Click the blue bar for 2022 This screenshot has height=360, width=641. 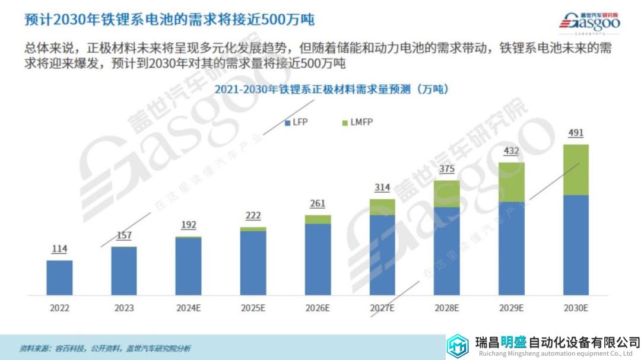click(59, 278)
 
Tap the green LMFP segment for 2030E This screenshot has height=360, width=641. click(576, 170)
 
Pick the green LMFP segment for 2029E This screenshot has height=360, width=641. click(511, 182)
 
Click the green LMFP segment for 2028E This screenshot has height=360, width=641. click(446, 194)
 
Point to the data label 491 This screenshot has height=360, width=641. click(576, 133)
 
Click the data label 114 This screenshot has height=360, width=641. click(59, 249)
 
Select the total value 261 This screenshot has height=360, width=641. click(318, 204)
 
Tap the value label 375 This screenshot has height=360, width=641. click(446, 169)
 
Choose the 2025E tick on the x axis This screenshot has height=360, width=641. click(253, 308)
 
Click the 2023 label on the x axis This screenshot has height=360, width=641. click(124, 308)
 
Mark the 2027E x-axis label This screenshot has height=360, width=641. click(382, 308)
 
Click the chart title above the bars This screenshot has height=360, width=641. click(331, 90)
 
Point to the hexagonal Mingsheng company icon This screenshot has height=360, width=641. click(458, 345)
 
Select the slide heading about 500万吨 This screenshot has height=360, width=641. click(169, 19)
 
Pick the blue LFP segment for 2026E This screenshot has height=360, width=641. click(318, 259)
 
